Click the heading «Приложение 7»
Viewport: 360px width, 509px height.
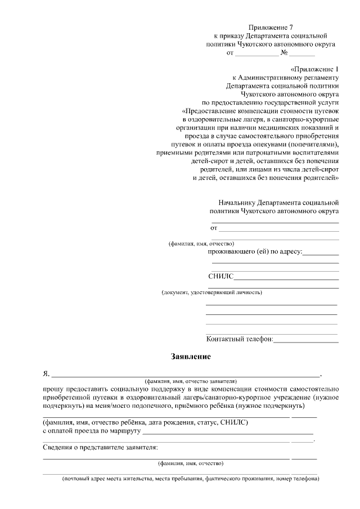point(271,26)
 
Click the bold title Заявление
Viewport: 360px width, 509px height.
point(191,357)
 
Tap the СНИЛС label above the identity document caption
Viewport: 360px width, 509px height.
point(220,277)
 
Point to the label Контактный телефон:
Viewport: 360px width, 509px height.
point(240,339)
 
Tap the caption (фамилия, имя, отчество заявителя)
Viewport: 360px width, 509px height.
point(191,381)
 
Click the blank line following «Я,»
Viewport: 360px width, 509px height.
point(185,374)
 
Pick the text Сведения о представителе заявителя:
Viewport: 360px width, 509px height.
point(100,448)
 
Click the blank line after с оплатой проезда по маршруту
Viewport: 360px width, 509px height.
point(228,433)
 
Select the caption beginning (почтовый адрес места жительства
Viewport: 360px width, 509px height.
point(191,479)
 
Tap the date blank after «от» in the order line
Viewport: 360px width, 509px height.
point(256,53)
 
